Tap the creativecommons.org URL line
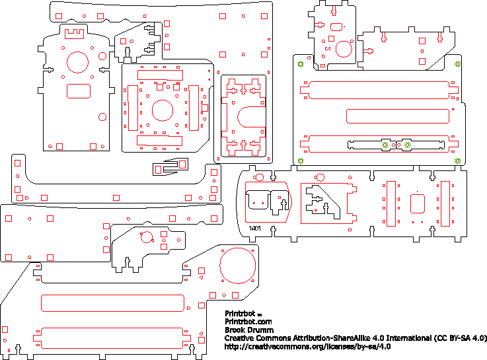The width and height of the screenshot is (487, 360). click(x=308, y=345)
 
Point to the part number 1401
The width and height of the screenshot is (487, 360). click(x=255, y=229)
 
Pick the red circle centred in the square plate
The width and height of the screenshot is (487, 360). click(x=162, y=110)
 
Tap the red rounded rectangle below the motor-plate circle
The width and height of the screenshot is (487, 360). click(x=79, y=90)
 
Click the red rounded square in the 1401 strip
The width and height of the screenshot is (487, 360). click(x=418, y=203)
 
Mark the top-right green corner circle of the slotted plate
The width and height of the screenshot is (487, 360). click(x=457, y=64)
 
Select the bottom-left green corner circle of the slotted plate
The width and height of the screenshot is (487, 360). click(x=300, y=161)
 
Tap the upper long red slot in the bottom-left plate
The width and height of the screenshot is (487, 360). click(x=112, y=303)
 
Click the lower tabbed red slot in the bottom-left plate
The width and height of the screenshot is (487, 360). click(x=112, y=336)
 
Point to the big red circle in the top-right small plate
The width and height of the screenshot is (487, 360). click(x=344, y=48)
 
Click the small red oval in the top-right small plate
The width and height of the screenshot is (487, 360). click(x=336, y=26)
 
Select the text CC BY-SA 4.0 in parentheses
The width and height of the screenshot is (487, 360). click(x=460, y=338)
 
